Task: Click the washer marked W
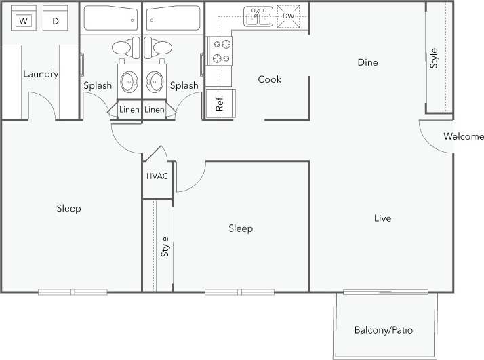tap(24, 21)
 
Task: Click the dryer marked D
tap(56, 21)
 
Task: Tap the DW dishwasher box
tap(289, 16)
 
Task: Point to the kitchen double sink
tap(258, 16)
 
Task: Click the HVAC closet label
tap(157, 176)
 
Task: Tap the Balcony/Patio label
tap(383, 331)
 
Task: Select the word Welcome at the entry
tap(463, 136)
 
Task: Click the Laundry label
tap(41, 74)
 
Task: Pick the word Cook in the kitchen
tap(269, 79)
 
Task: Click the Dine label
tap(367, 62)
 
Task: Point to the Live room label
tap(383, 218)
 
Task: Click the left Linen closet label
tap(129, 109)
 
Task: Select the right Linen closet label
tap(155, 109)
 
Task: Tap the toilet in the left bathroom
tap(123, 48)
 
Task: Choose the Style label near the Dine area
tap(435, 58)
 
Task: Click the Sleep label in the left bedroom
tap(68, 208)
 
